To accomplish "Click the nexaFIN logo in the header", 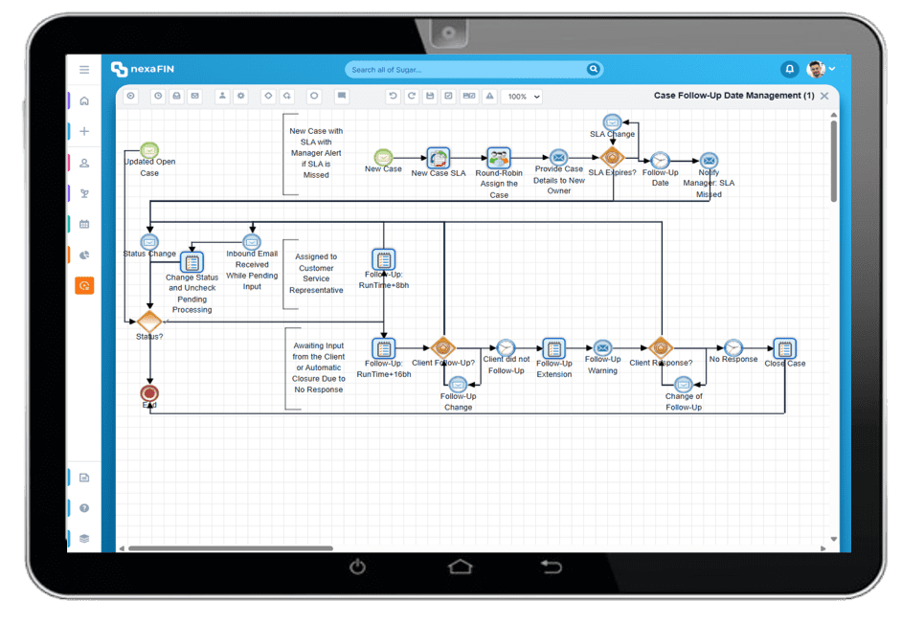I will point(142,69).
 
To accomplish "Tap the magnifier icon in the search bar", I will point(594,69).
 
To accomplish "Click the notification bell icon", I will point(789,69).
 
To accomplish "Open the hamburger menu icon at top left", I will point(84,70).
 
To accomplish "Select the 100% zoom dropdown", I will point(523,97).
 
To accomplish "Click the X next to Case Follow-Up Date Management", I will point(824,96).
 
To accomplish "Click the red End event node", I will point(149,392).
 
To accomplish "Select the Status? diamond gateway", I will point(149,321).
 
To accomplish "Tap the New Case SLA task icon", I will point(439,158).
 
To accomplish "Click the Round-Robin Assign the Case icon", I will point(498,158).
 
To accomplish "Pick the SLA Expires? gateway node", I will point(612,158).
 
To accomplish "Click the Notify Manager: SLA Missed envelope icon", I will point(709,160).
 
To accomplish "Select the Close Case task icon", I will point(784,348).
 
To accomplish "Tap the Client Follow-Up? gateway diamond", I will point(442,347).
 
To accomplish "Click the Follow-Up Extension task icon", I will point(553,347).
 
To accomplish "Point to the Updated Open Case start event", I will point(149,149).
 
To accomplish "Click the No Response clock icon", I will point(733,347).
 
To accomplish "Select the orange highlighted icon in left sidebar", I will point(84,285).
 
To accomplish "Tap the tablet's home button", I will point(461,567).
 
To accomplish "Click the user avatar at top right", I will point(816,69).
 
